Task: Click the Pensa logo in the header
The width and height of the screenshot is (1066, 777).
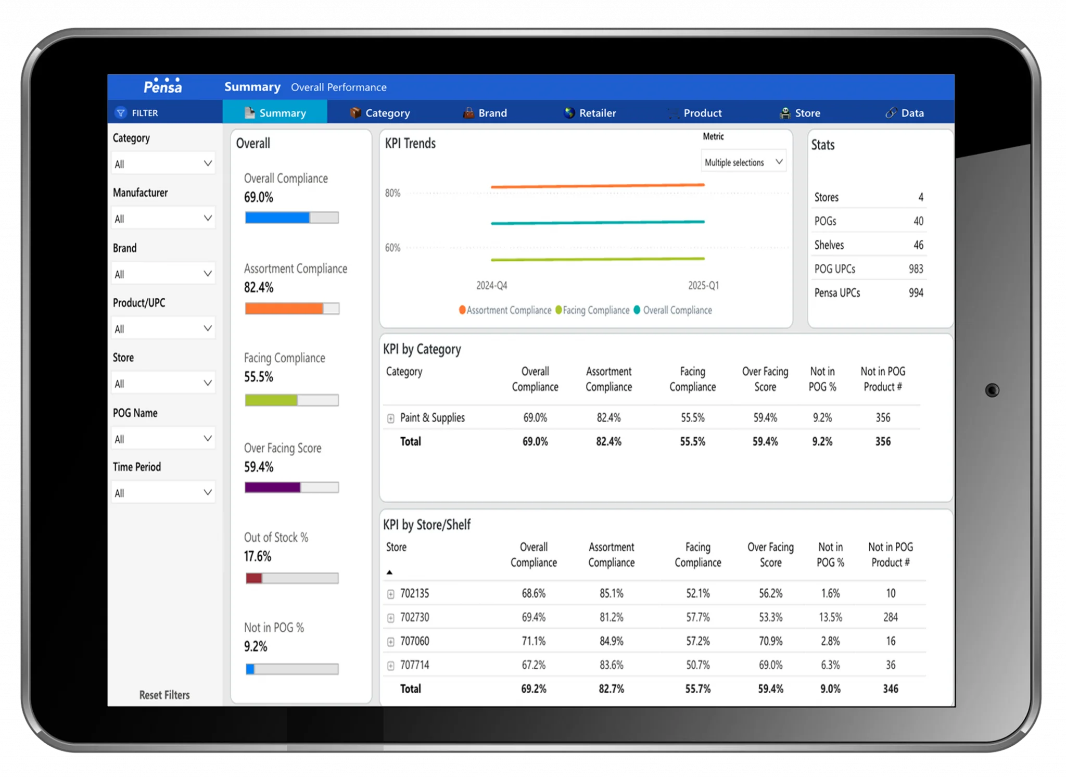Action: coord(163,86)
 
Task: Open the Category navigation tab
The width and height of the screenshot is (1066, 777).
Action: coord(380,113)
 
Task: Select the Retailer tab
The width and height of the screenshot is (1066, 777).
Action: coord(590,113)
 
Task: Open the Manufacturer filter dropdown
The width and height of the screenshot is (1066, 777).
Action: coord(163,219)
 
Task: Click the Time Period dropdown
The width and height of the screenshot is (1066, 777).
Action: coord(163,493)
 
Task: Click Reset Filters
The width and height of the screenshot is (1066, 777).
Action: coord(164,695)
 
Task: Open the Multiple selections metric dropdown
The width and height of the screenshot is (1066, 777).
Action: coord(743,162)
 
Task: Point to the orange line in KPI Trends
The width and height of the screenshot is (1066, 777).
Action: coord(597,186)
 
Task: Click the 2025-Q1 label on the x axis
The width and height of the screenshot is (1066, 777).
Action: coord(703,286)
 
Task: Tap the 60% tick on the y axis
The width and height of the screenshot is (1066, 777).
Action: coord(393,248)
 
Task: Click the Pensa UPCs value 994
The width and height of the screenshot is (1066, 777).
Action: coord(916,293)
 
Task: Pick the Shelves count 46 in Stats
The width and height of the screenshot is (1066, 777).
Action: coord(918,245)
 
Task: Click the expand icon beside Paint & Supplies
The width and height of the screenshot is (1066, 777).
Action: coord(391,418)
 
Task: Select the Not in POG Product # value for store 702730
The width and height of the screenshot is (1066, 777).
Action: coord(890,617)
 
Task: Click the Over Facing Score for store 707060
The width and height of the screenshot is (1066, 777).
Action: coord(770,641)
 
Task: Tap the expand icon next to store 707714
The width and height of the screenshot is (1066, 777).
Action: coord(391,666)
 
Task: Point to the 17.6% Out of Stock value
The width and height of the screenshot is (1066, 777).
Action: coord(258,556)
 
